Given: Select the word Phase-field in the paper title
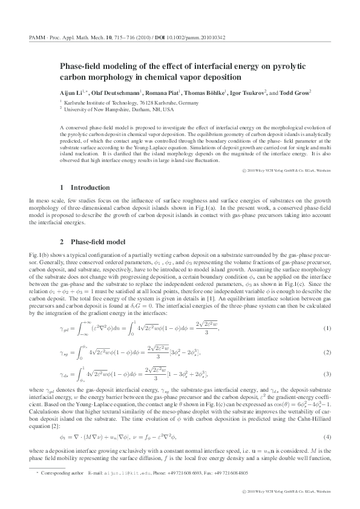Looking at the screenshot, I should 80,67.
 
